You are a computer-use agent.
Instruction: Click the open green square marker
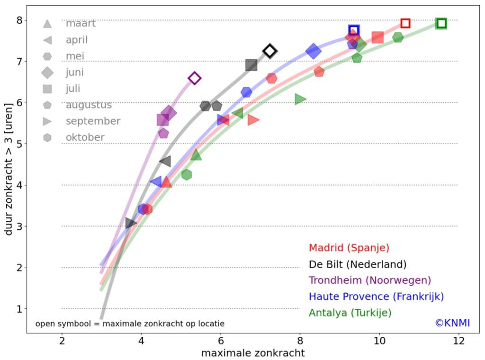[x=441, y=23]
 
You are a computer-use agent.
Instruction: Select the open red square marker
[x=405, y=23]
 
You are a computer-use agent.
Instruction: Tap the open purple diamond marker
[x=194, y=78]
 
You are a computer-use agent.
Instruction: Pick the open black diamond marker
[x=269, y=51]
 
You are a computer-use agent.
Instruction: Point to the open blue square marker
[x=354, y=30]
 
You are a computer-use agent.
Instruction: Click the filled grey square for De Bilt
[x=251, y=65]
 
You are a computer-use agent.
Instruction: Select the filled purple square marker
[x=162, y=120]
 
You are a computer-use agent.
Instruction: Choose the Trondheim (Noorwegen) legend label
[x=369, y=280]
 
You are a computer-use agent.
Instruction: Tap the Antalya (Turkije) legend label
[x=350, y=313]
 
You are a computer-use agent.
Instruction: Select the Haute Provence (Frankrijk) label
[x=376, y=297]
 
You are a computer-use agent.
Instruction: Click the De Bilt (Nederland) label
[x=357, y=264]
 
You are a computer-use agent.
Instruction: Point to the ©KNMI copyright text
[x=452, y=323]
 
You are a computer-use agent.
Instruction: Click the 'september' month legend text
[x=93, y=121]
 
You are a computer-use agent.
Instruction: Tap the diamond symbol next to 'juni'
[x=47, y=72]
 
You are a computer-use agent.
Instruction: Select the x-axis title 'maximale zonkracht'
[x=253, y=353]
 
